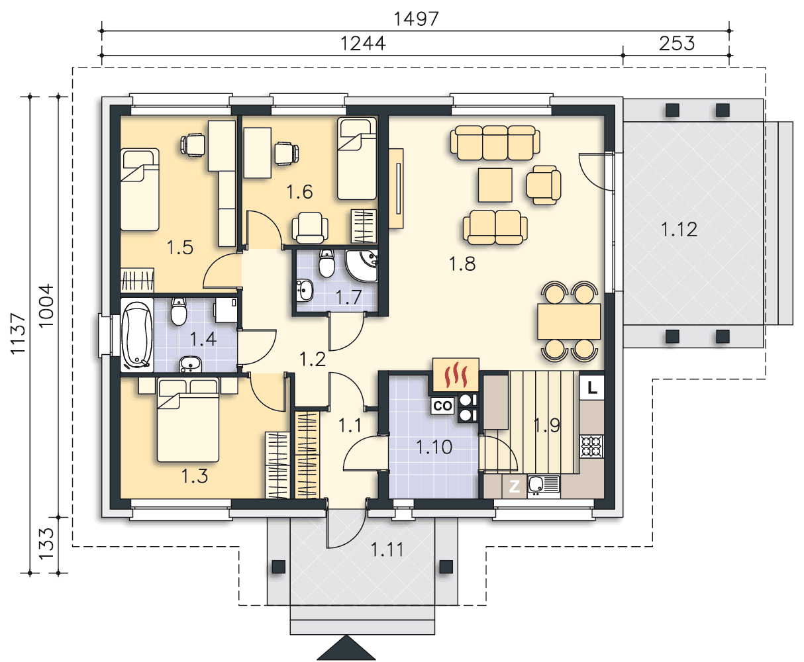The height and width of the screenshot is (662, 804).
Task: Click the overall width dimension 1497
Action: (x=417, y=19)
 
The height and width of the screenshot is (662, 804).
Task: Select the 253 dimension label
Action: (x=677, y=44)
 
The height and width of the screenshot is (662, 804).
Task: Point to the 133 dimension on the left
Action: (x=46, y=544)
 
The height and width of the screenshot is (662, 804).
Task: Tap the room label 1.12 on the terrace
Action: (x=679, y=230)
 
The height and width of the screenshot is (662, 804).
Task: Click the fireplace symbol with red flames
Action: (x=456, y=375)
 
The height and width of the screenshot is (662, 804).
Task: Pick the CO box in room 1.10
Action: (x=442, y=406)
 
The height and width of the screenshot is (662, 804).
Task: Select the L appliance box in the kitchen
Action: (x=592, y=387)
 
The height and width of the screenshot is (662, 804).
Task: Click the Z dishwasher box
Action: (x=515, y=487)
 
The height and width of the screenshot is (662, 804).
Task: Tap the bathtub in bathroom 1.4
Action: (x=136, y=335)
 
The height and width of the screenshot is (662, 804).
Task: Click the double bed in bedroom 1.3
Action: (x=188, y=420)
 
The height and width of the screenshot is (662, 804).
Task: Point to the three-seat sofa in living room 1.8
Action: (x=495, y=142)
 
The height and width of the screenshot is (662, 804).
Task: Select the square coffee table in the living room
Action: (x=495, y=185)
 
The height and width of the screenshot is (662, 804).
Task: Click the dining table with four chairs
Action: (x=569, y=321)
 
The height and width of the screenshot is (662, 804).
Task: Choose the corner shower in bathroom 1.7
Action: (x=362, y=265)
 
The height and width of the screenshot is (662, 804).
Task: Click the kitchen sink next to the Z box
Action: (x=543, y=487)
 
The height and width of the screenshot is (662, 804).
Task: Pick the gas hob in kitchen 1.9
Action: (x=592, y=446)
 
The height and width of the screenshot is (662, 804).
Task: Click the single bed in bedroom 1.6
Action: (x=357, y=159)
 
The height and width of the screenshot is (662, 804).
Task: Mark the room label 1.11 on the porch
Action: (x=387, y=549)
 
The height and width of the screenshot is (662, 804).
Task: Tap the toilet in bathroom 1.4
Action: (x=179, y=311)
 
